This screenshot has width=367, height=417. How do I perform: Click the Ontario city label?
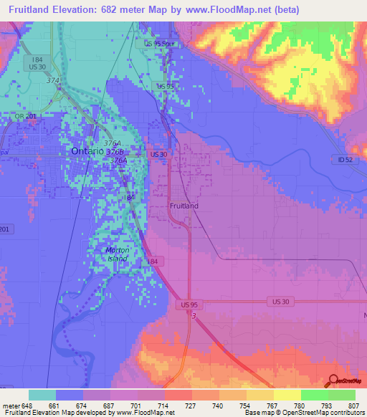point(87,152)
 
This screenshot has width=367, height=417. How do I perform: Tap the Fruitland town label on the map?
point(184,206)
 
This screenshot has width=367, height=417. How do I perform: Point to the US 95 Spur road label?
point(159,44)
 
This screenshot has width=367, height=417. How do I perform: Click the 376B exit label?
point(115,153)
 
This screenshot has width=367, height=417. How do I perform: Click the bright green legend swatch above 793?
point(314,395)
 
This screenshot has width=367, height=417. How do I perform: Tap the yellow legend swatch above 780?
point(287,395)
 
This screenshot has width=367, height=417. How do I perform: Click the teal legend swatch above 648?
point(42,395)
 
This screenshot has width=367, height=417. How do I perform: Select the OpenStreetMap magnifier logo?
point(333,380)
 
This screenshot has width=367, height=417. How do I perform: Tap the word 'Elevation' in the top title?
point(78,10)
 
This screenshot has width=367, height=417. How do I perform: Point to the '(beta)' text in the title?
point(284,10)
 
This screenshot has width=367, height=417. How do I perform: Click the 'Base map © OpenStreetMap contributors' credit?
point(305,413)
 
